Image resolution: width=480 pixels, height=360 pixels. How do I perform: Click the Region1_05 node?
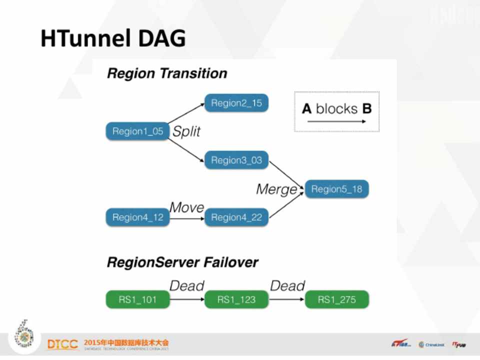point(137,131)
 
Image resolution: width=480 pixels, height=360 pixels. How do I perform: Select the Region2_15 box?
point(236,103)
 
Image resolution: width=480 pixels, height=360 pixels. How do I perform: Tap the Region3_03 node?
point(236,160)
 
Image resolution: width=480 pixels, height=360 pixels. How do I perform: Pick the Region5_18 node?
point(336,189)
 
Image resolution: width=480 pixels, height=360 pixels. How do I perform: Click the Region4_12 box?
point(137,217)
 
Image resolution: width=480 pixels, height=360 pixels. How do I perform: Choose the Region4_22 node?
point(236,217)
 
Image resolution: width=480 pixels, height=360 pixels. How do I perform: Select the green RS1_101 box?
point(137,299)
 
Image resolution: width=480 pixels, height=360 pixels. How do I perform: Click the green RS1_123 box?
point(236,299)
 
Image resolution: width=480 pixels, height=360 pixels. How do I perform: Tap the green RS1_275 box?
point(336,299)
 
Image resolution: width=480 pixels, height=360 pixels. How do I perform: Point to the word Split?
point(186,131)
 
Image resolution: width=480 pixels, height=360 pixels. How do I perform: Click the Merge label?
point(276,189)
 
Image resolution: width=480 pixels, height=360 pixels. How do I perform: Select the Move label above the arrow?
point(186,207)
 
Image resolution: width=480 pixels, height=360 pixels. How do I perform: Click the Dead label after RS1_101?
point(187,286)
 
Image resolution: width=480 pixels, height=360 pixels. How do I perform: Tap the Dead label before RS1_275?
point(287,286)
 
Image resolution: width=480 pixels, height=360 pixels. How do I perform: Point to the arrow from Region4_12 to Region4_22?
point(187,217)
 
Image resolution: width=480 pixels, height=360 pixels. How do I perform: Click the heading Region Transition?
point(167,73)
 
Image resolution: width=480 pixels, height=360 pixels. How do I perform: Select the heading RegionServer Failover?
point(182,262)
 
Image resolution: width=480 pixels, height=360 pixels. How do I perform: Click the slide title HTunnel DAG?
point(113,38)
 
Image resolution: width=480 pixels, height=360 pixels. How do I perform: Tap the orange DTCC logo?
point(62,344)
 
